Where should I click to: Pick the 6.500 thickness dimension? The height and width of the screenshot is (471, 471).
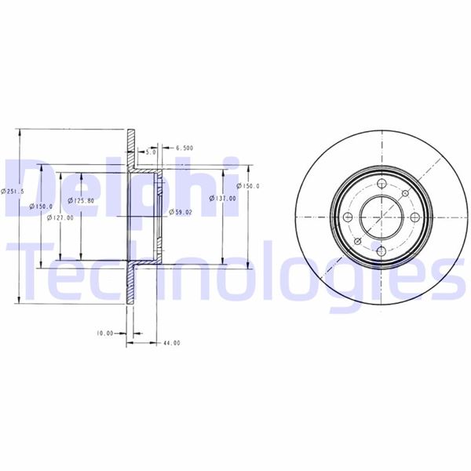point(184,148)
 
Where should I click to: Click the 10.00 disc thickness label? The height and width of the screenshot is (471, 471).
point(105,334)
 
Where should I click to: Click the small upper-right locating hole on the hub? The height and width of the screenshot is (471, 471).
point(402,194)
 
